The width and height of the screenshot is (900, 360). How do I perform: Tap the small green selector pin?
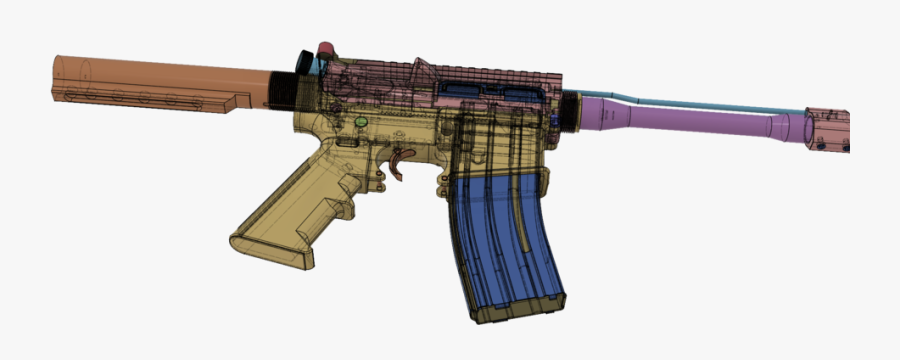[362, 122]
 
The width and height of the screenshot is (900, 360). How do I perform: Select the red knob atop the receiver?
[326, 49]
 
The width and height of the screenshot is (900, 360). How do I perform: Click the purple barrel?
[690, 124]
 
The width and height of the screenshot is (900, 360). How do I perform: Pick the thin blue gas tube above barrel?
[700, 104]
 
